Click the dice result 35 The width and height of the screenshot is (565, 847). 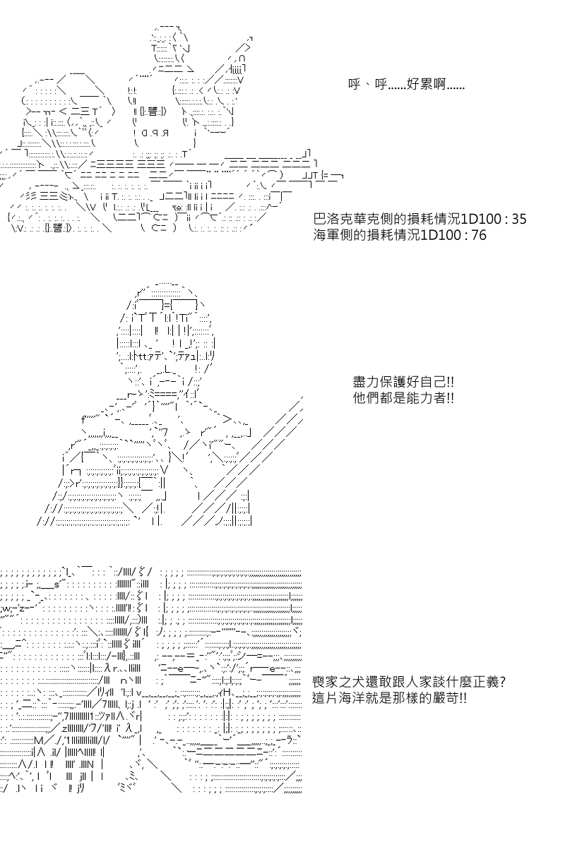518,219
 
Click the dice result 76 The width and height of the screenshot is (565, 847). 478,235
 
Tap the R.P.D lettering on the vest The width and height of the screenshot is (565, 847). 155,133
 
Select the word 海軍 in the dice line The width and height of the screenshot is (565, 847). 326,235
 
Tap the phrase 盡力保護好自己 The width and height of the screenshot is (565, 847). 399,382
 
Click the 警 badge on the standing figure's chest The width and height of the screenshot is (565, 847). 153,112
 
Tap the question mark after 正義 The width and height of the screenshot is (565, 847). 503,682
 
